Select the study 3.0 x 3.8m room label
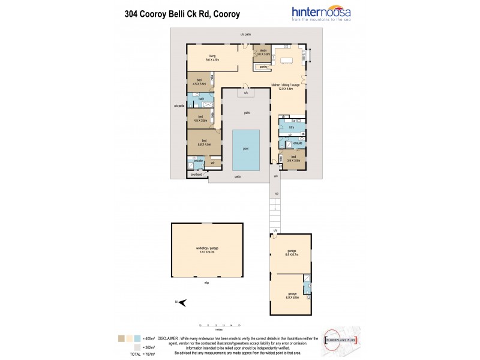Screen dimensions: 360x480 pyautogui.click(x=262, y=52)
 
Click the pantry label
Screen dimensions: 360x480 pyautogui.click(x=263, y=67)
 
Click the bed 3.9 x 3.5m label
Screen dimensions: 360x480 pyautogui.click(x=293, y=158)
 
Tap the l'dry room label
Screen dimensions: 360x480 pyautogui.click(x=291, y=128)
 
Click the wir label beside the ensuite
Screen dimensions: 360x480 pyautogui.click(x=212, y=162)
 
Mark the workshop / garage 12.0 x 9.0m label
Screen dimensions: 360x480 pyautogui.click(x=206, y=250)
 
